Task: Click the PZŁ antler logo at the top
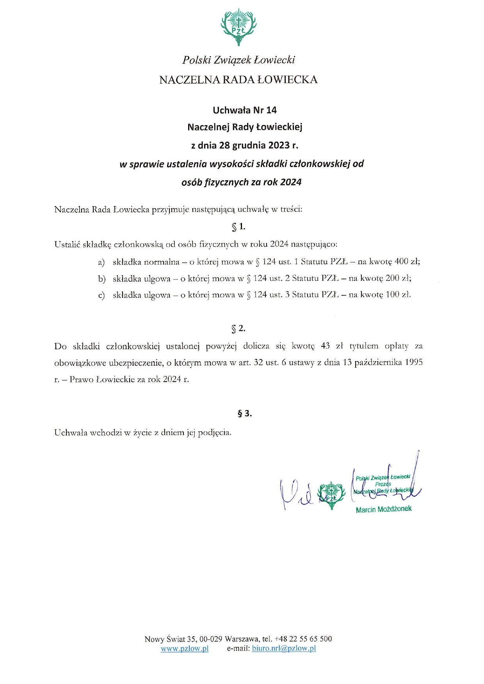click(238, 27)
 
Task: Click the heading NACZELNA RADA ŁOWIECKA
click(238, 80)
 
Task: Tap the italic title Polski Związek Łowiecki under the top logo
click(238, 60)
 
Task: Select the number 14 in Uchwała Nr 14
click(271, 110)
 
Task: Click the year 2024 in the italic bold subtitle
click(291, 182)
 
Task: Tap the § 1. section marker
click(238, 227)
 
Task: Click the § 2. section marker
click(238, 329)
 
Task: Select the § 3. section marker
click(245, 414)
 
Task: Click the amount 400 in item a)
click(401, 261)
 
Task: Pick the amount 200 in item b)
click(392, 278)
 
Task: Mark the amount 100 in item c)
click(392, 295)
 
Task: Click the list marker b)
click(101, 279)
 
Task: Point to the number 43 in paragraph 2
click(325, 346)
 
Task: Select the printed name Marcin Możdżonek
click(383, 509)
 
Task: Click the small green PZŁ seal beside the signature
click(331, 495)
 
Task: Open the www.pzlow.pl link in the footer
click(185, 648)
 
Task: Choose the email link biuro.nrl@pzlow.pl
click(284, 648)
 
